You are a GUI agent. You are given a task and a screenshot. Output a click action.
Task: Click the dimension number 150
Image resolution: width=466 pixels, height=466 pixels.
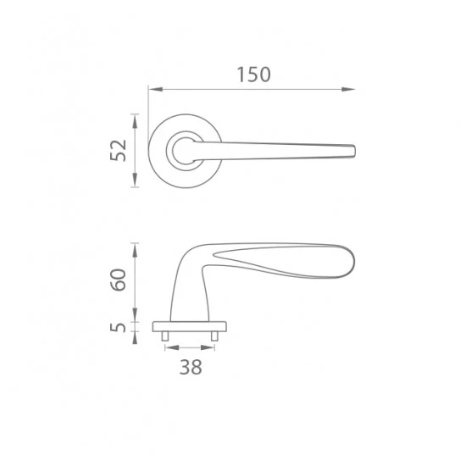(254, 75)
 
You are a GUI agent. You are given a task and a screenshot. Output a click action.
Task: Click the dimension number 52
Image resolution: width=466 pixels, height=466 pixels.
(119, 150)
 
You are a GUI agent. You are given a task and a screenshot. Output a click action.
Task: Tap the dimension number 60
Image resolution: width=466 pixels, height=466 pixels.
(119, 280)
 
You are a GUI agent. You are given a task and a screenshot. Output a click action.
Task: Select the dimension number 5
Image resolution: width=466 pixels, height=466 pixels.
(119, 327)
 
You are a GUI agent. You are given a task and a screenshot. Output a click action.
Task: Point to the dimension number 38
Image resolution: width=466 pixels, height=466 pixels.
(191, 367)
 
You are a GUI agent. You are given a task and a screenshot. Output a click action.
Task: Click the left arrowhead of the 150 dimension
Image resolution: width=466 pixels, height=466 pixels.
(155, 89)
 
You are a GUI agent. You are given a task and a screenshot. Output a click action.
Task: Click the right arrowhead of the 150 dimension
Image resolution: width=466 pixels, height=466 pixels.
(348, 89)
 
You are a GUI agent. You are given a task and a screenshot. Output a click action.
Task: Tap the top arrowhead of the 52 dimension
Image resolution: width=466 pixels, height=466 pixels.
(135, 121)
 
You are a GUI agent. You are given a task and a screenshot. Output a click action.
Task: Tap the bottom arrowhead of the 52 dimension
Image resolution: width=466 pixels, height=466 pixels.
(135, 180)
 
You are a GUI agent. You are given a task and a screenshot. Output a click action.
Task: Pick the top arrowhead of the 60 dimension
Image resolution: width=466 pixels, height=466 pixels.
(135, 250)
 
